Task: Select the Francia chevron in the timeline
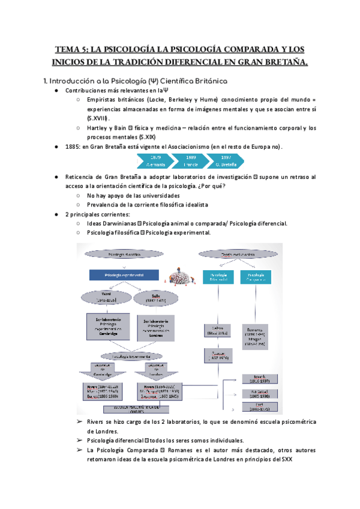pos(191,160)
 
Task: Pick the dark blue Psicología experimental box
pos(124,276)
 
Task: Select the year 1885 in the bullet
pos(73,147)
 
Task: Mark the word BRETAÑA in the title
pos(281,62)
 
